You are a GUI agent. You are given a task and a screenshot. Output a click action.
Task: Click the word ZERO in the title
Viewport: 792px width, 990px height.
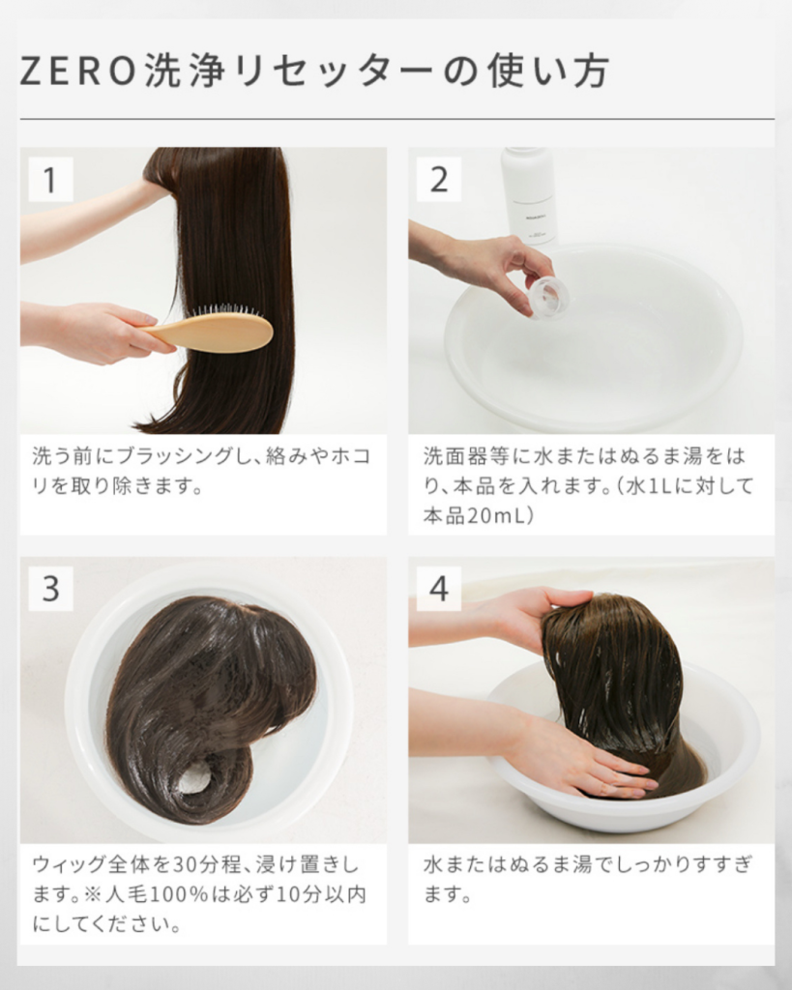(78, 70)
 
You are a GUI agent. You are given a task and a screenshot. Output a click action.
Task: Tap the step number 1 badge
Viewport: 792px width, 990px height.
(50, 180)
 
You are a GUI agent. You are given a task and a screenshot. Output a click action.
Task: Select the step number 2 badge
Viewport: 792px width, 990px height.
(438, 180)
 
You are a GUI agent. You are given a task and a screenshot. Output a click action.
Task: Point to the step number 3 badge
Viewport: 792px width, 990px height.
(50, 589)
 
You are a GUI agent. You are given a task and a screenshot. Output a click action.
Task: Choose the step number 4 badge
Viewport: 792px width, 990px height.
(438, 589)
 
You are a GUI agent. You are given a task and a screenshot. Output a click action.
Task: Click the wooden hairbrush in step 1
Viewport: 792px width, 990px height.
(209, 329)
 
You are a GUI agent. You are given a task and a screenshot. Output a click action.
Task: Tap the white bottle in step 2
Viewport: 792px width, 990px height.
(528, 194)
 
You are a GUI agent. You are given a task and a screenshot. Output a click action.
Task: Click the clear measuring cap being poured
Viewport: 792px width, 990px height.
(547, 297)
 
